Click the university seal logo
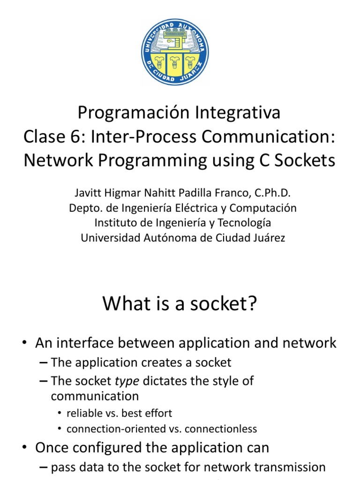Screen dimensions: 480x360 pos(175,52)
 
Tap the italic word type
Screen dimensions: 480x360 pos(127,381)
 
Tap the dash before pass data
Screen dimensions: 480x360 pos(44,467)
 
